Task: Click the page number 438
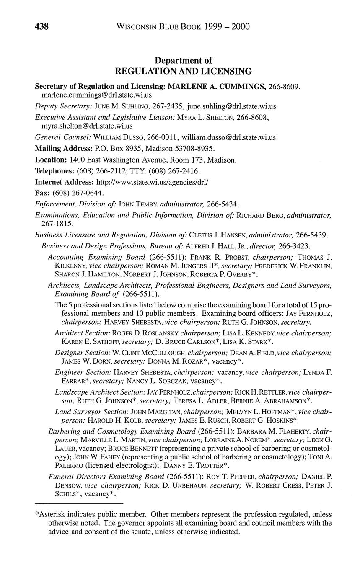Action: tap(41, 27)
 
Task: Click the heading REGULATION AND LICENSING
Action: tap(183, 71)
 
